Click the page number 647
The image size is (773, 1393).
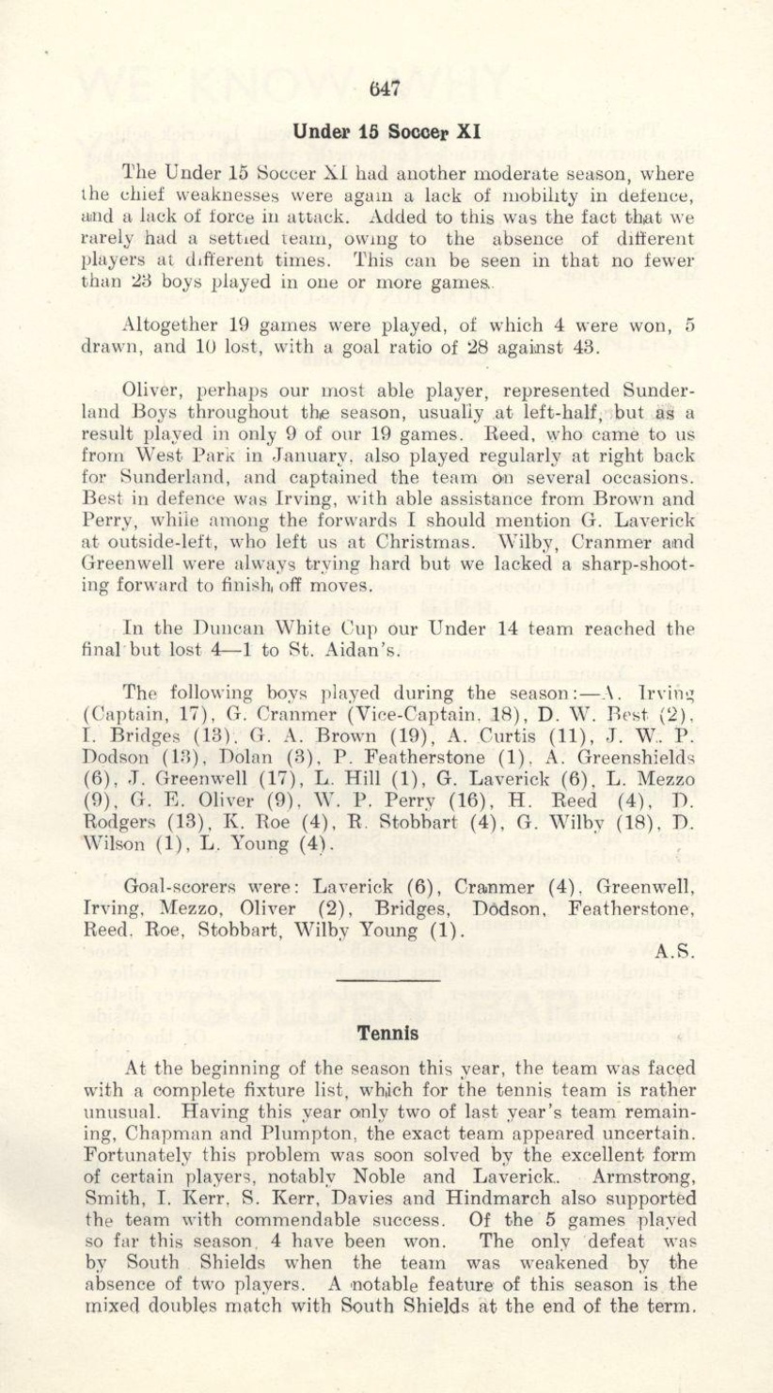pyautogui.click(x=386, y=89)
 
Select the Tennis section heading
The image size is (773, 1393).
pyautogui.click(x=386, y=1032)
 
